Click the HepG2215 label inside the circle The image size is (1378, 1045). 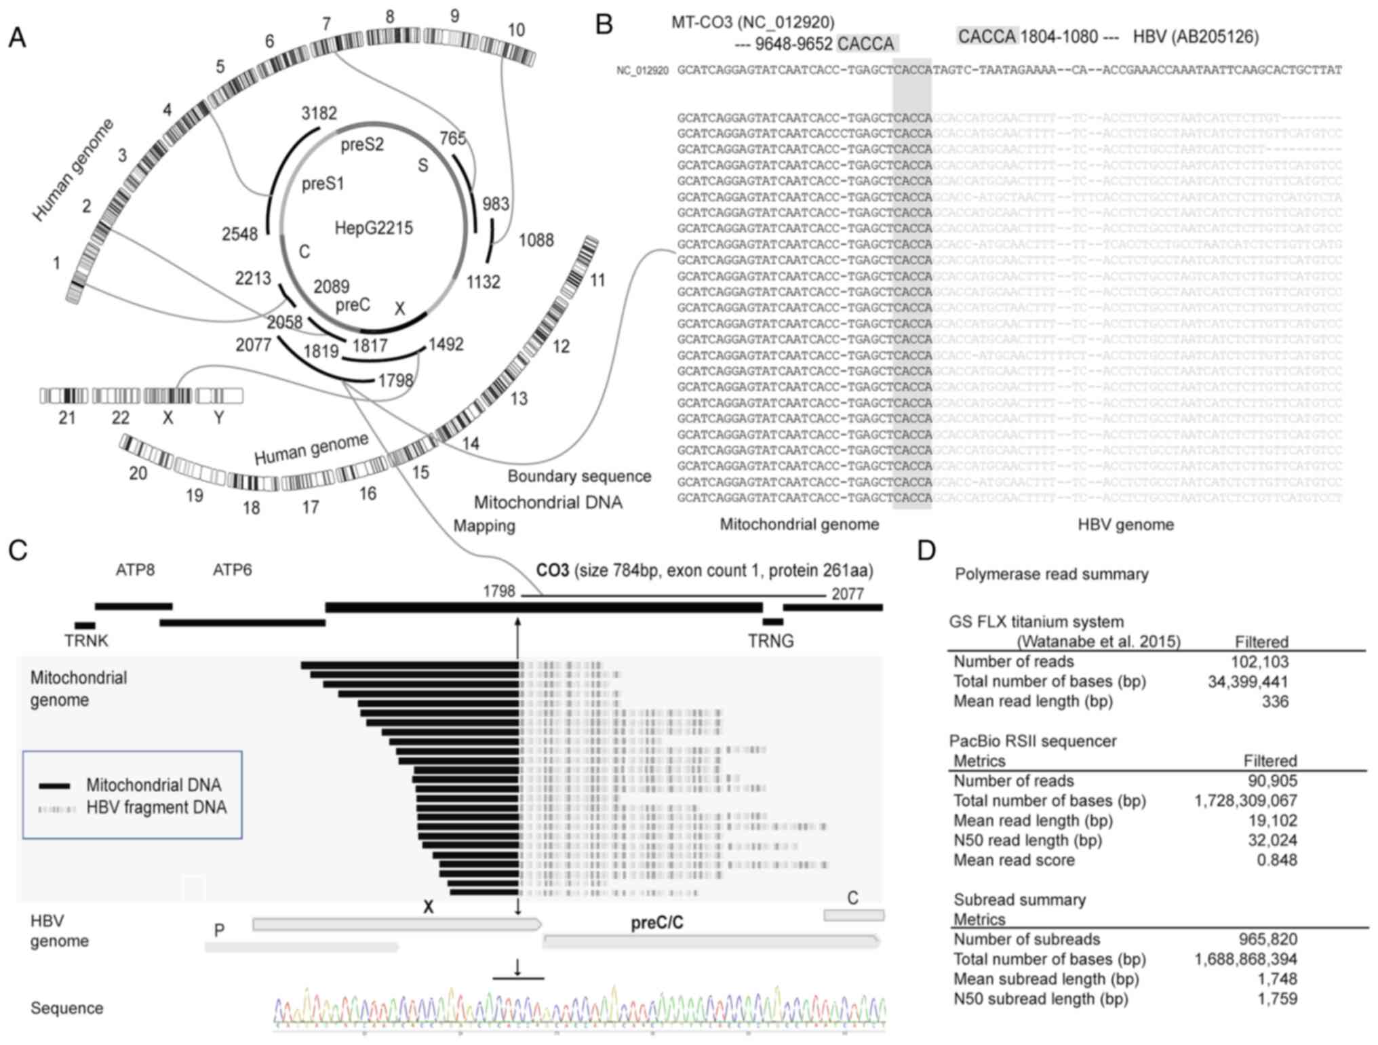click(x=374, y=228)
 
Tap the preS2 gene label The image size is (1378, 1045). click(x=362, y=145)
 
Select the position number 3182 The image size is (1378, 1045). click(x=319, y=113)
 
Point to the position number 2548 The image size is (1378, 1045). click(x=239, y=234)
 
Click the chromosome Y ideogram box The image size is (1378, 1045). click(x=219, y=396)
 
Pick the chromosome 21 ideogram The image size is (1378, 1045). click(x=64, y=396)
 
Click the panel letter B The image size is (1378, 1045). click(x=604, y=25)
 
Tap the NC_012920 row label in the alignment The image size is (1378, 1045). click(x=642, y=71)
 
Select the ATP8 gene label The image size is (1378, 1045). click(x=135, y=570)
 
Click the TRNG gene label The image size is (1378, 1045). click(x=770, y=641)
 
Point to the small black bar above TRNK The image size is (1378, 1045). click(x=85, y=625)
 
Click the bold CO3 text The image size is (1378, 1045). click(x=552, y=570)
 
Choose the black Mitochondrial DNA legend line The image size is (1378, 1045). click(x=55, y=786)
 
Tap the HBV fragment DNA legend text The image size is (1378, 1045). click(x=156, y=808)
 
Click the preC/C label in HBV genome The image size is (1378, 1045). click(x=657, y=923)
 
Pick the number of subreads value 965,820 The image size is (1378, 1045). click(x=1265, y=939)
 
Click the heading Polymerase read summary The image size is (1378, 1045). click(x=1051, y=574)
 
